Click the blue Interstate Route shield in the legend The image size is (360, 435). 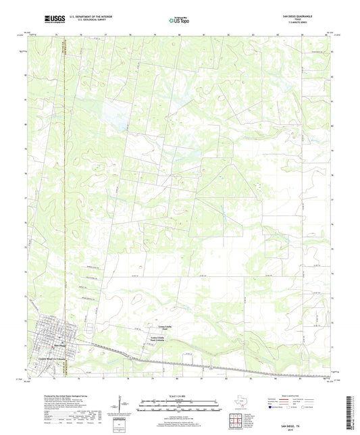point(272,407)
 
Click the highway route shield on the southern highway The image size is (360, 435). point(211,367)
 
